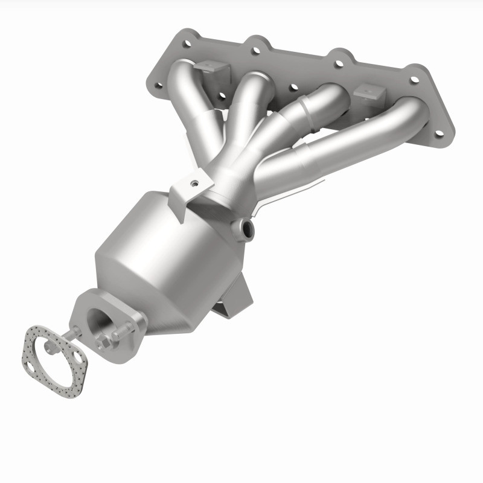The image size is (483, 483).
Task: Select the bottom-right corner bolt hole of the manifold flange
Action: (x=439, y=133)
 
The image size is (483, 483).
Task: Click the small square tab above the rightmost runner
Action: (x=369, y=93)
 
